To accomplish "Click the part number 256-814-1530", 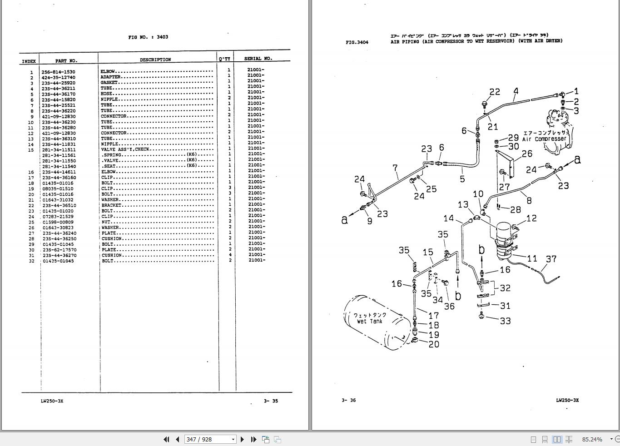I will click(58, 72).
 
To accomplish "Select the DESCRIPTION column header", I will click(155, 59).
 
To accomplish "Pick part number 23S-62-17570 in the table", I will click(60, 250).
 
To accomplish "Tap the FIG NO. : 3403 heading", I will click(148, 37).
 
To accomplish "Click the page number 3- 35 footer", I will click(271, 401).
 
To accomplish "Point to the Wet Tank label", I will click(370, 321).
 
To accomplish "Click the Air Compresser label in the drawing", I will click(544, 139).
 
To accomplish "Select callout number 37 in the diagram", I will click(551, 259).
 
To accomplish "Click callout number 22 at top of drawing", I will click(495, 92).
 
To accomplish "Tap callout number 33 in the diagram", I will click(505, 321).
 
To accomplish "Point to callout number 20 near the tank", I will click(434, 344).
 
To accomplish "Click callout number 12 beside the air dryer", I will click(531, 219).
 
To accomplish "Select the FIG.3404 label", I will click(357, 42).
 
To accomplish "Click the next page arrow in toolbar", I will click(242, 439).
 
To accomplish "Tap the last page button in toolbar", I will click(253, 439).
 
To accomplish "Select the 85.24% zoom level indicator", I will click(592, 439).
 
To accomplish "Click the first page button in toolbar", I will click(166, 439).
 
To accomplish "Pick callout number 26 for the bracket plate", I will click(527, 154).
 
